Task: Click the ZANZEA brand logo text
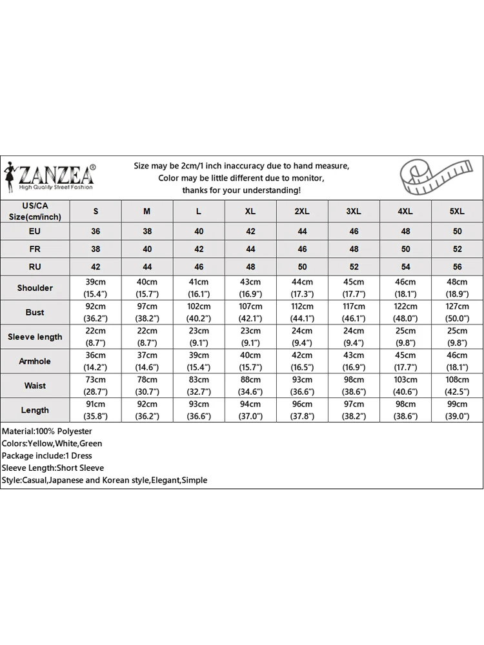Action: pyautogui.click(x=57, y=174)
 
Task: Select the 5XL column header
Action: pyautogui.click(x=457, y=212)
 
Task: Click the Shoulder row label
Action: pyautogui.click(x=35, y=288)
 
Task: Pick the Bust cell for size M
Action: pyautogui.click(x=147, y=312)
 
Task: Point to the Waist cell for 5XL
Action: pyautogui.click(x=457, y=386)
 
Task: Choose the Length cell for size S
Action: pyautogui.click(x=96, y=410)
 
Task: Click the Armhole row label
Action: pyautogui.click(x=35, y=361)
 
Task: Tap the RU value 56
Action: pyautogui.click(x=457, y=266)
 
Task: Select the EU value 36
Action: pyautogui.click(x=96, y=231)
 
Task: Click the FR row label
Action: pyautogui.click(x=35, y=249)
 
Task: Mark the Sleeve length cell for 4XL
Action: pyautogui.click(x=405, y=337)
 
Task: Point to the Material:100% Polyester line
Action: pyautogui.click(x=47, y=431)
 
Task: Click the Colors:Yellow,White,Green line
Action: pyautogui.click(x=52, y=443)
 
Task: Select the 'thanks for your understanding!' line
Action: pyautogui.click(x=241, y=190)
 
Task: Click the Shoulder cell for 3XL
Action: pyautogui.click(x=354, y=288)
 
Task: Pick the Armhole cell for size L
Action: pyautogui.click(x=199, y=361)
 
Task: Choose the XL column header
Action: pyautogui.click(x=250, y=212)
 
